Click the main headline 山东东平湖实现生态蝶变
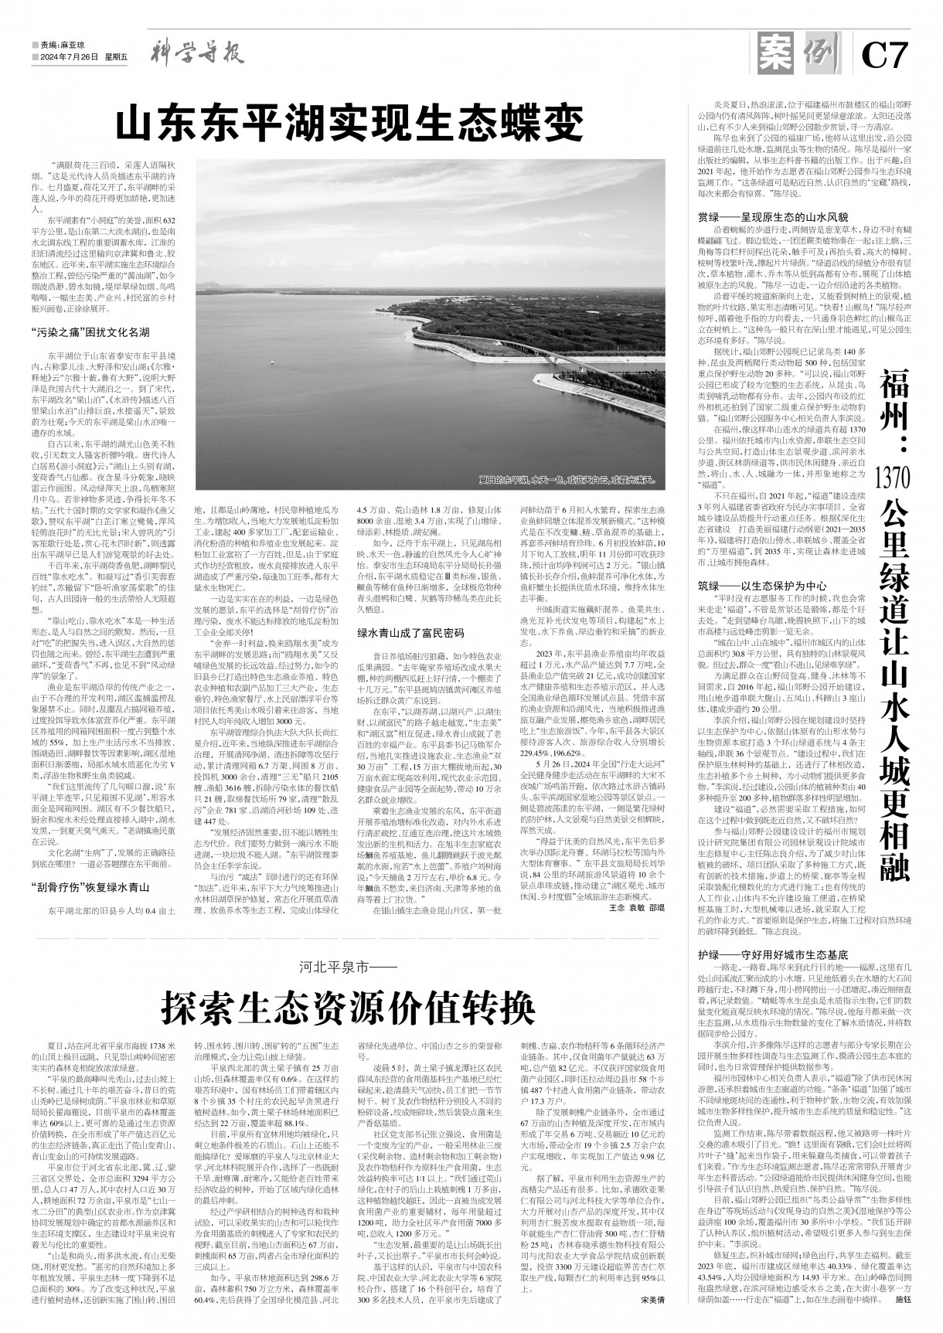point(348,121)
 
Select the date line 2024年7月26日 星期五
point(80,57)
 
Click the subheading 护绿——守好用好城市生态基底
point(764,954)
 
